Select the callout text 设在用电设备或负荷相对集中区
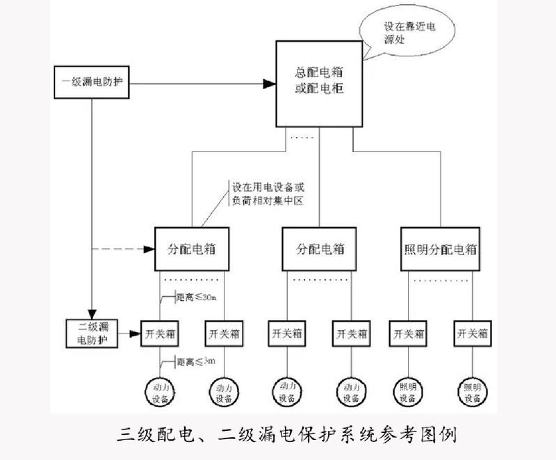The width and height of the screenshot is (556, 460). tap(268, 194)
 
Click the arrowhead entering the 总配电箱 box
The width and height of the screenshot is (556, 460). tap(268, 84)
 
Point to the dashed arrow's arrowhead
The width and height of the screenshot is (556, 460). tap(148, 249)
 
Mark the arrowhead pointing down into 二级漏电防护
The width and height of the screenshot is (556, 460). tap(91, 313)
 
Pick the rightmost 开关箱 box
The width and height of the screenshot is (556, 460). tap(473, 334)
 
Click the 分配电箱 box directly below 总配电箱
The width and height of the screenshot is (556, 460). tap(319, 249)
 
